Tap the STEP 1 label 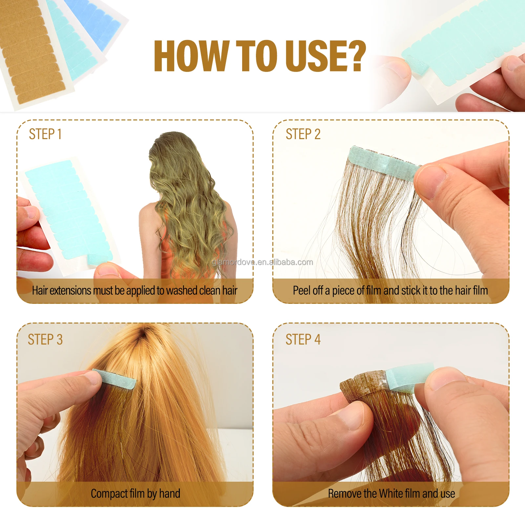45,134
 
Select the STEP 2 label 303,134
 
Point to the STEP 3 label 45,340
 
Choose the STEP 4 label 303,340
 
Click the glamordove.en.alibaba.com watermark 262,262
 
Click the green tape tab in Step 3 115,379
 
